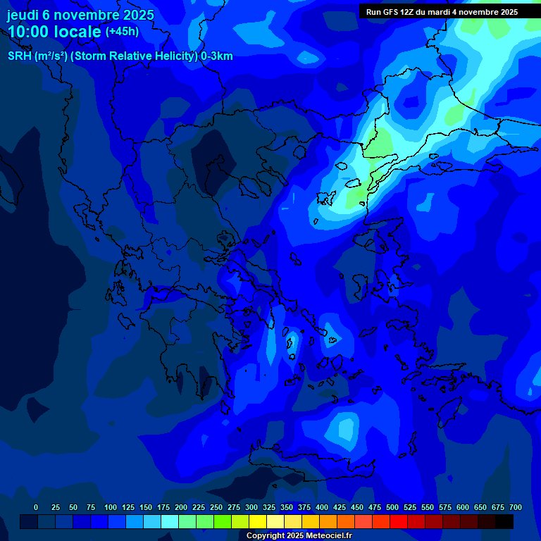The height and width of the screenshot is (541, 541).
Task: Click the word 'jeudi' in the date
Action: pyautogui.click(x=23, y=15)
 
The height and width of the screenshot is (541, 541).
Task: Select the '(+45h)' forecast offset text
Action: pyautogui.click(x=122, y=32)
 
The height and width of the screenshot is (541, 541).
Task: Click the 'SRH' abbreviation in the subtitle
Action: pyautogui.click(x=19, y=56)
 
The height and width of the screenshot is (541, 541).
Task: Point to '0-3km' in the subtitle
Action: pyautogui.click(x=217, y=56)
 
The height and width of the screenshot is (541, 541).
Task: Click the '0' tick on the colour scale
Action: pyautogui.click(x=36, y=507)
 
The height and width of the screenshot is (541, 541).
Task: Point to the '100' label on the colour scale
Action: pyautogui.click(x=111, y=507)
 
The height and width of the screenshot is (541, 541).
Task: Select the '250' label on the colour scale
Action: pyautogui.click(x=216, y=507)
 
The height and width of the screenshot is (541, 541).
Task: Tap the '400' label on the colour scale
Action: pyautogui.click(x=322, y=507)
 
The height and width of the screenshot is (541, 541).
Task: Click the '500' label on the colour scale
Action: pyautogui.click(x=392, y=507)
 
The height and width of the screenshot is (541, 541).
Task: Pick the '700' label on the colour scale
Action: pyautogui.click(x=516, y=507)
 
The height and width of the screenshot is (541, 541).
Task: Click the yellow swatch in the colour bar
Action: pyautogui.click(x=258, y=521)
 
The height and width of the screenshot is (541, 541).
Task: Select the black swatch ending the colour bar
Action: pyautogui.click(x=504, y=521)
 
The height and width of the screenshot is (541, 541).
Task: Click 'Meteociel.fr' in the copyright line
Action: pyautogui.click(x=326, y=536)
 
